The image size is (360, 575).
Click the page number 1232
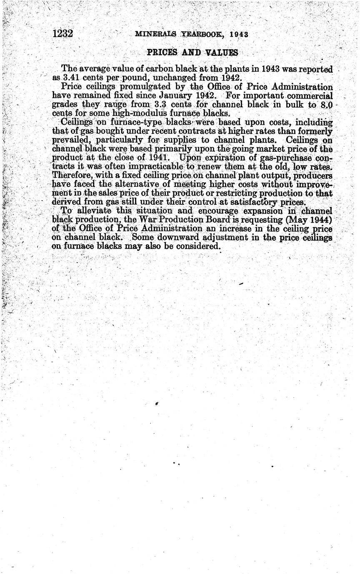click(x=63, y=33)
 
